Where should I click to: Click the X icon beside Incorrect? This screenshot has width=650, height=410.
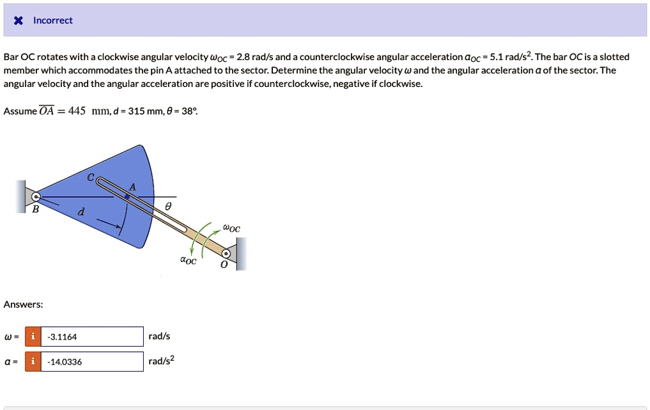[x=19, y=20]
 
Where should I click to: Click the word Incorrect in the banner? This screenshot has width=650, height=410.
[x=53, y=20]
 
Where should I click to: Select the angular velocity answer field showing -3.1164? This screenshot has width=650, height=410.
[x=93, y=337]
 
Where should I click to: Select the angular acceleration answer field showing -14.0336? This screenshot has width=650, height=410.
[x=93, y=362]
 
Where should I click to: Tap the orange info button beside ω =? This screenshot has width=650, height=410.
[x=33, y=337]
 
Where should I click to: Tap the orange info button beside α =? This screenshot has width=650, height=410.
[x=33, y=362]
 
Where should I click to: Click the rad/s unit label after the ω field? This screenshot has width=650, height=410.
[x=159, y=336]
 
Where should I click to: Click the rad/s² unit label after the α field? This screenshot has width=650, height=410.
[x=161, y=361]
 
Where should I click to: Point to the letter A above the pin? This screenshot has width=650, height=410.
[x=132, y=187]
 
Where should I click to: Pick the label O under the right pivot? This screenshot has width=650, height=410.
[x=223, y=265]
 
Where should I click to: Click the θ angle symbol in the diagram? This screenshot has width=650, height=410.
[x=168, y=206]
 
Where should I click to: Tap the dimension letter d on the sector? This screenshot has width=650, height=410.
[x=80, y=211]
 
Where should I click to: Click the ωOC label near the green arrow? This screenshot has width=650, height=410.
[x=231, y=228]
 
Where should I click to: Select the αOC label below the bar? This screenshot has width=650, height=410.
[x=189, y=260]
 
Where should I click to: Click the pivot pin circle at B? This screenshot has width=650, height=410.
[x=36, y=196]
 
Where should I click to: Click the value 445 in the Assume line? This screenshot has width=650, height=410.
[x=77, y=111]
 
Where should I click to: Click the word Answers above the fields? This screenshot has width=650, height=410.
[x=24, y=304]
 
